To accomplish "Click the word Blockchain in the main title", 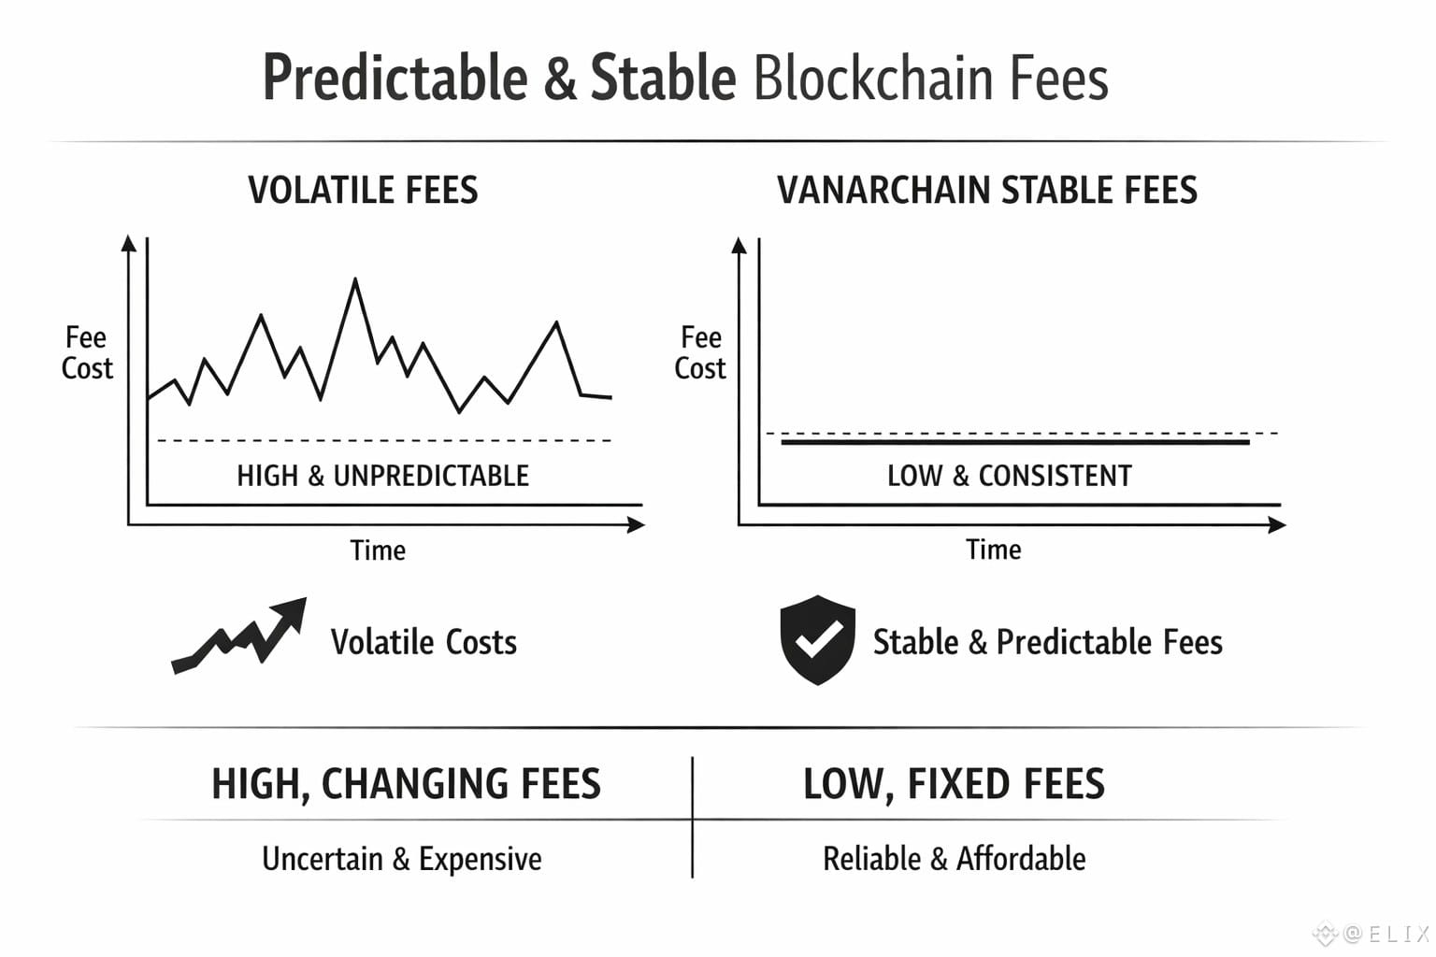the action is tap(873, 79).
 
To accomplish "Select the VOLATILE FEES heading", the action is tap(363, 191).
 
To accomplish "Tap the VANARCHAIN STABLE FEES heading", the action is tap(987, 191).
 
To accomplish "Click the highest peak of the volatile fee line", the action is tap(355, 279).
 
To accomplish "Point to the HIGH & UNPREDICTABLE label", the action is tap(382, 476).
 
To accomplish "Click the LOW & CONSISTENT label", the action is tap(1010, 476).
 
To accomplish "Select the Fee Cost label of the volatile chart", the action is tap(87, 352).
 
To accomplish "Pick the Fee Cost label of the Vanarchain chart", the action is tap(700, 352).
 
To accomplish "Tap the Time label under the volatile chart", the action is tap(378, 550).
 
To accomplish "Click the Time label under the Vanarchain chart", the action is tap(994, 550).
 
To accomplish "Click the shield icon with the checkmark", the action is tap(817, 639).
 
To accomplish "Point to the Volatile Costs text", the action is tap(424, 642).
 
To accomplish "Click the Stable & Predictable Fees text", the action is tap(1048, 642).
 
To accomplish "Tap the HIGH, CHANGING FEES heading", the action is tap(407, 784).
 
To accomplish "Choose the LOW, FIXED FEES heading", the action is tap(954, 784).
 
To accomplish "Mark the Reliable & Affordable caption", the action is tap(955, 859).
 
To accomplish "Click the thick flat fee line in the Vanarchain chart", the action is tap(1015, 442).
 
